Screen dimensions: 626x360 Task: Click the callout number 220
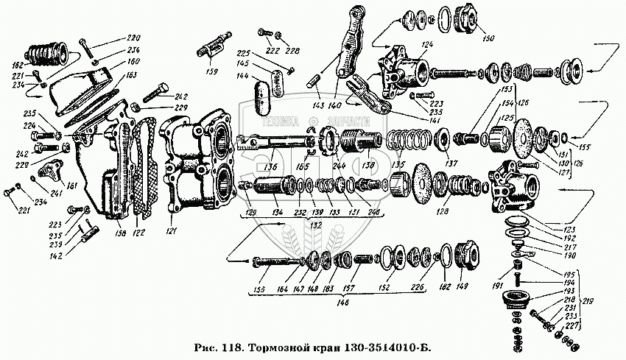(133, 38)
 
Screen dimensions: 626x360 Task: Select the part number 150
(488, 38)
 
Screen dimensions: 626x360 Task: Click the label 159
(212, 72)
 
